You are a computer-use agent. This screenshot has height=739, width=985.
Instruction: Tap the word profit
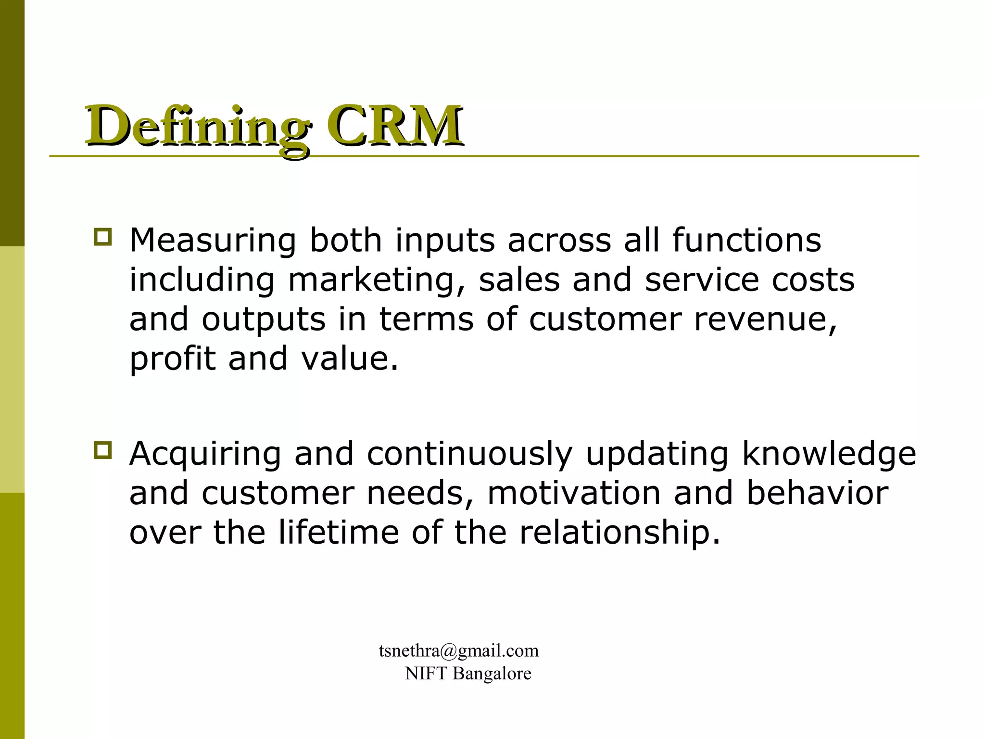(173, 359)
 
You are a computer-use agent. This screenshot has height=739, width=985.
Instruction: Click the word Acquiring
(205, 454)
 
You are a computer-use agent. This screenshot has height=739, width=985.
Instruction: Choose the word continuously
(469, 455)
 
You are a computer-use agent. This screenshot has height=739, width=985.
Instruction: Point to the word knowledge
(829, 455)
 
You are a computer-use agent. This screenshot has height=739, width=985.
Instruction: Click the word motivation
(574, 494)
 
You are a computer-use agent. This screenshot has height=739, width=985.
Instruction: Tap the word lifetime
(338, 533)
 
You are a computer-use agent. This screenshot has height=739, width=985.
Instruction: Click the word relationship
(619, 534)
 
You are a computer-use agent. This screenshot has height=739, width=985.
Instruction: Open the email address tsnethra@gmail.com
(458, 651)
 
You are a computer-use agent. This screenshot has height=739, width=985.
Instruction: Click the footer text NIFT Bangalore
(468, 674)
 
